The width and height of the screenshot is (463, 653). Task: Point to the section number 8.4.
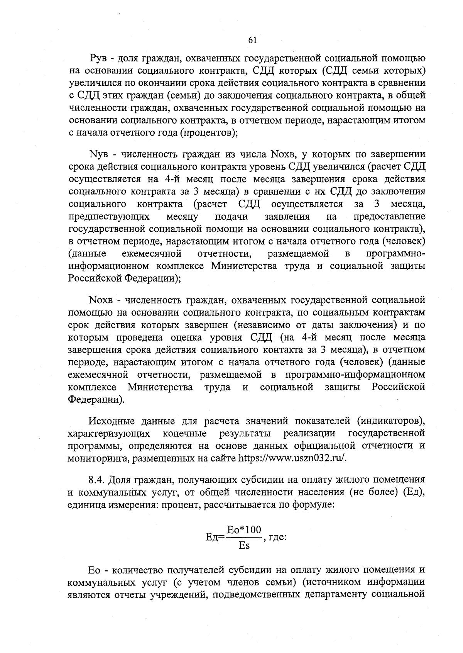point(97,480)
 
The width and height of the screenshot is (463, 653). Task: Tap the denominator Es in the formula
point(244,546)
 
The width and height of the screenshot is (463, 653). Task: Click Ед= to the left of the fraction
point(215,538)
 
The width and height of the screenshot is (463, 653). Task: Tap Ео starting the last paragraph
point(95,570)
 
